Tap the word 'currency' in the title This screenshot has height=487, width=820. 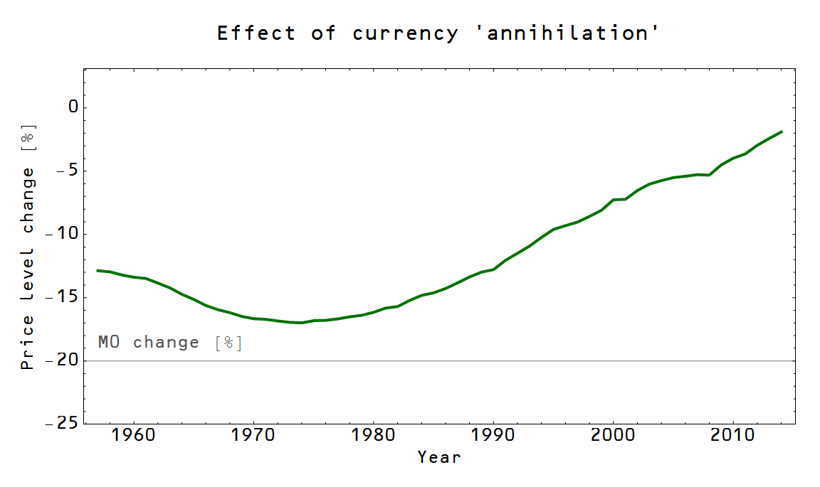click(x=405, y=33)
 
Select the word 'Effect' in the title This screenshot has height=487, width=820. click(x=256, y=33)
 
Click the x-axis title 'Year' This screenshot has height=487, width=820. click(x=439, y=457)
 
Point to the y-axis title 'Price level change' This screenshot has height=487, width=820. click(x=28, y=246)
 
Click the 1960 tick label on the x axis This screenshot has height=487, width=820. click(x=133, y=433)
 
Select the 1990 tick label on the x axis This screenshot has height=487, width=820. click(x=493, y=433)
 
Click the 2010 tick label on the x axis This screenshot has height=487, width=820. click(x=733, y=433)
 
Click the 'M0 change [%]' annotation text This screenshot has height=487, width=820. click(x=170, y=343)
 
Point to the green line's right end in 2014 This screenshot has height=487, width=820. click(x=782, y=132)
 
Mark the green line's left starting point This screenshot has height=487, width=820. click(x=98, y=270)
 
